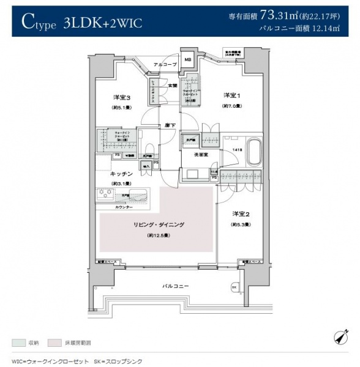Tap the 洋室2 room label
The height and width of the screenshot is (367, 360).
pyautogui.click(x=240, y=214)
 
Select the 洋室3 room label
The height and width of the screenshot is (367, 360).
pyautogui.click(x=121, y=98)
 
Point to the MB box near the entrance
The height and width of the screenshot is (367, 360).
pyautogui.click(x=187, y=60)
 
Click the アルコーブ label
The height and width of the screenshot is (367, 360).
pyautogui.click(x=165, y=64)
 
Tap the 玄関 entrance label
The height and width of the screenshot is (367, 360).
pyautogui.click(x=173, y=86)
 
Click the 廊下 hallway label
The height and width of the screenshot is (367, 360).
pyautogui.click(x=170, y=125)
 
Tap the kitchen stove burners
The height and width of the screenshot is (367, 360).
pyautogui.click(x=103, y=194)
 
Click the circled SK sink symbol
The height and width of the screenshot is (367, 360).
pyautogui.click(x=234, y=287)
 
